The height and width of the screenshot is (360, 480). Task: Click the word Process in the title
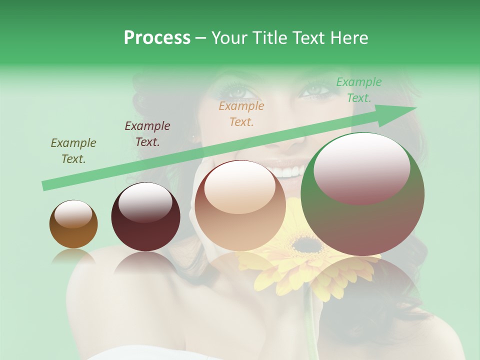tap(157, 38)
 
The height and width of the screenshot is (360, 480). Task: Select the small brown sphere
tap(73, 224)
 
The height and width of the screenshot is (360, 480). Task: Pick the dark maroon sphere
tap(145, 217)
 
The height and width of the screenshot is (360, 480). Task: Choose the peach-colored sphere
tap(240, 205)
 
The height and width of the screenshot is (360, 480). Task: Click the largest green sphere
tap(362, 194)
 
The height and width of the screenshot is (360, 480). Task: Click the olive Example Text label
tap(73, 151)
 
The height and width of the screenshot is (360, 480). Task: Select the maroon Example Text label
tap(147, 134)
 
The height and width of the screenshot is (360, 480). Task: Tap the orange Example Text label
tap(241, 114)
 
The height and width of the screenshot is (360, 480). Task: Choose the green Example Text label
tap(359, 90)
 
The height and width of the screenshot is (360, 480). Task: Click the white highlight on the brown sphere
tap(73, 214)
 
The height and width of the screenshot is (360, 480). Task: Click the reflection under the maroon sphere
tap(145, 262)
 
